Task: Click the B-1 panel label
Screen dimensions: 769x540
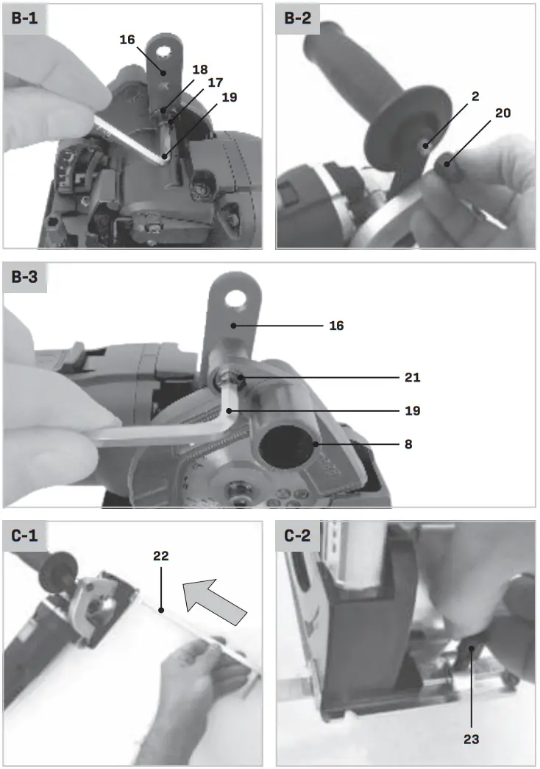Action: (25, 19)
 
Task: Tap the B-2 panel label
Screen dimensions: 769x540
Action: (299, 19)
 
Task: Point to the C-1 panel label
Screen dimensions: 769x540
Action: (25, 536)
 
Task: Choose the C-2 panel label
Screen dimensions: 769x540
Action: (299, 536)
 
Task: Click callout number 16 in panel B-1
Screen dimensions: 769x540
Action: (127, 40)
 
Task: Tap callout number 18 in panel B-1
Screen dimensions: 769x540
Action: (200, 69)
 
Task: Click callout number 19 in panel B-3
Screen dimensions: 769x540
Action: (412, 411)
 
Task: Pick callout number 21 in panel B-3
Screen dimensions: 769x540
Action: (412, 377)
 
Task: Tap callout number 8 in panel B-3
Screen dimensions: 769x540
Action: (408, 445)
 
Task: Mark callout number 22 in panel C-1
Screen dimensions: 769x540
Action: (161, 557)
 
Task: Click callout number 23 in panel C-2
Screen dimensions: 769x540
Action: (472, 738)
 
